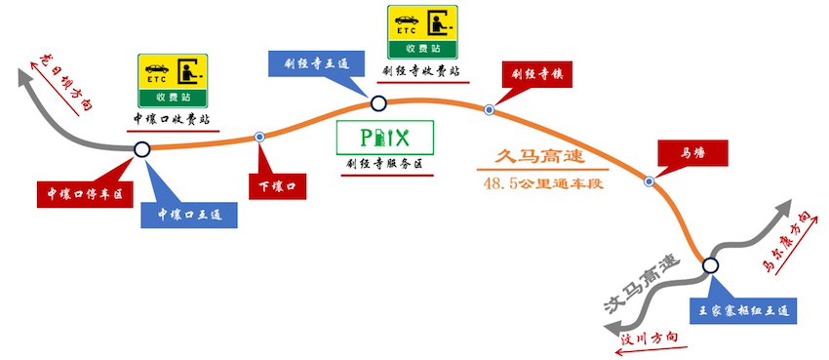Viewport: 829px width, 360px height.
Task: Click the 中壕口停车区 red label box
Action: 83,193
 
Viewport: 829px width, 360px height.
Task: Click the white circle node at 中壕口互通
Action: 141,149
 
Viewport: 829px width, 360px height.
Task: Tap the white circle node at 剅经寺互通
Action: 378,101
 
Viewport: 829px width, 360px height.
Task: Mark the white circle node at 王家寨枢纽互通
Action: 710,264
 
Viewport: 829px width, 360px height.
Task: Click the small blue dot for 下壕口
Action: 258,137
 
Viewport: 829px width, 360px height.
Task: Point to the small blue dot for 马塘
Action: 649,180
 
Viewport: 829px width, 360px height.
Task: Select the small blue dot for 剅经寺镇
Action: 489,110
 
